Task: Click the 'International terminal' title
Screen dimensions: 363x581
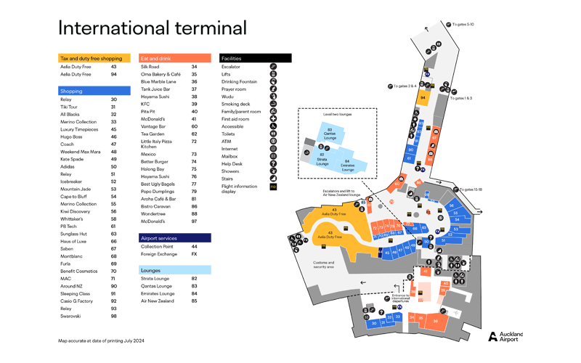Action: [152, 28]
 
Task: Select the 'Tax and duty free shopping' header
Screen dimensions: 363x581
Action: [92, 58]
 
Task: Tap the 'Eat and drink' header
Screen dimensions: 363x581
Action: [155, 58]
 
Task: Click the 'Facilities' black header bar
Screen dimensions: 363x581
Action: [254, 58]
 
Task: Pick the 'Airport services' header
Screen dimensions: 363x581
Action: [159, 238]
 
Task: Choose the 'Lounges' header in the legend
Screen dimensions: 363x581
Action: [151, 270]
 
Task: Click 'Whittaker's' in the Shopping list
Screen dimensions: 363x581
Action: [71, 219]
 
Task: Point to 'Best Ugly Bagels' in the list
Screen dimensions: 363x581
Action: [158, 184]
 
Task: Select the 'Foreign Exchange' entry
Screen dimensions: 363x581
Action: [158, 254]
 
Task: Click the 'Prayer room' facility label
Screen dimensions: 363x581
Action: [234, 89]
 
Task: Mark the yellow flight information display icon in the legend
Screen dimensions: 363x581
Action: [273, 187]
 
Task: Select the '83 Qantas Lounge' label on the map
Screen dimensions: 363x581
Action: [330, 133]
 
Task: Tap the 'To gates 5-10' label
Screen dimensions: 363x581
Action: [463, 24]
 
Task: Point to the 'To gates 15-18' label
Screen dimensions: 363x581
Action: [470, 189]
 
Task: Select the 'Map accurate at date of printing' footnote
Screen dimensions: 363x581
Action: [101, 340]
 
